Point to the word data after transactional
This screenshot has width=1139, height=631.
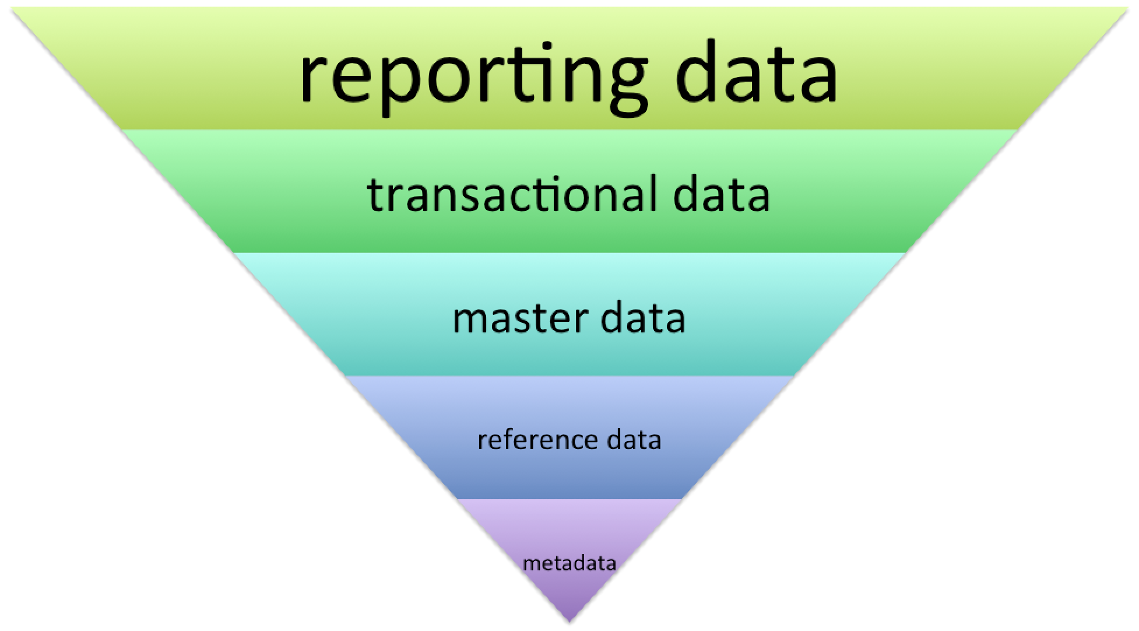click(x=721, y=194)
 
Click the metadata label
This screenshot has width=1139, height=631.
click(x=569, y=563)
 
